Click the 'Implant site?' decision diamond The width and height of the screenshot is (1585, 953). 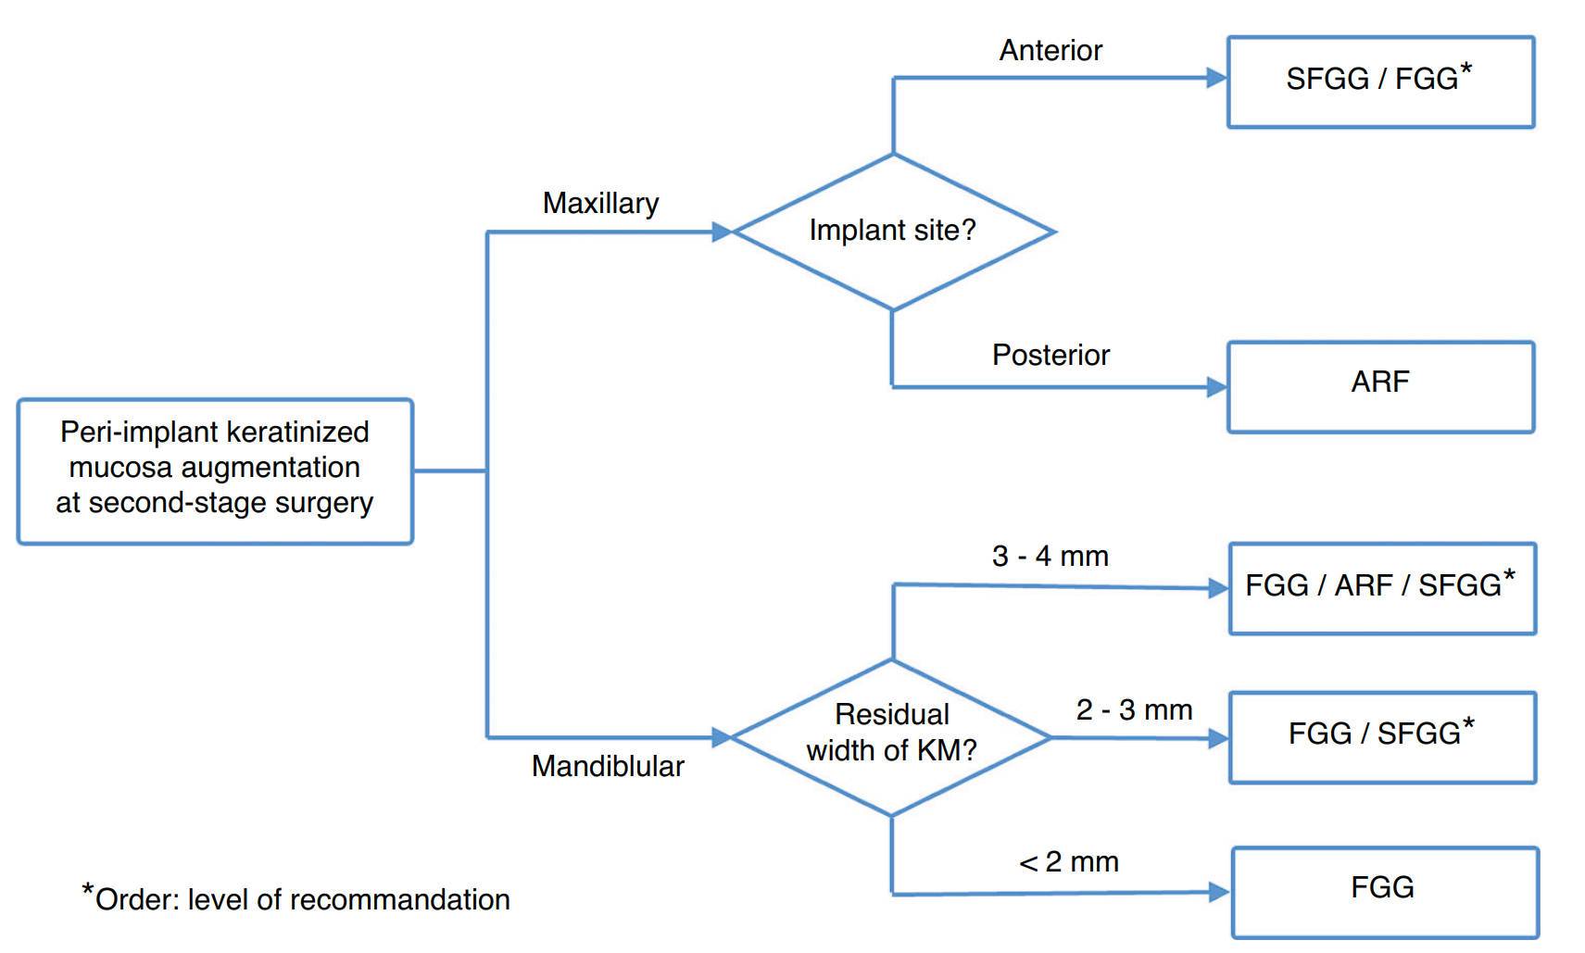(x=894, y=232)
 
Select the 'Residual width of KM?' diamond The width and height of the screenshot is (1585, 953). (x=891, y=737)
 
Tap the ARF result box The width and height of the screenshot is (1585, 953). (x=1380, y=387)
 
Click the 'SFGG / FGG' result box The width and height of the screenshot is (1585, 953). (x=1380, y=82)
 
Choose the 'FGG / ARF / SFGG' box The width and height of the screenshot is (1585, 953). (x=1383, y=588)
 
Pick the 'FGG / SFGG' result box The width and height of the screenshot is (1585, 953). (x=1383, y=737)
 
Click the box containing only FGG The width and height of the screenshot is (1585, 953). (x=1385, y=892)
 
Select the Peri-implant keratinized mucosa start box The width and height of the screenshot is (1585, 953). (x=215, y=471)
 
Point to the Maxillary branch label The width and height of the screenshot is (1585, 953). (x=600, y=204)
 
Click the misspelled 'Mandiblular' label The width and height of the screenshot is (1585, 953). (x=608, y=766)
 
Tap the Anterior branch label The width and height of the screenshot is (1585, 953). (x=1050, y=50)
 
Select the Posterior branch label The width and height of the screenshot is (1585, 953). (x=1050, y=355)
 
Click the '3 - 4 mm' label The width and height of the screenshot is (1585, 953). (x=1050, y=556)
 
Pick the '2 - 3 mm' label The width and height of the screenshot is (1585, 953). (x=1134, y=709)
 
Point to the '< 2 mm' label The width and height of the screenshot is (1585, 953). (x=1068, y=861)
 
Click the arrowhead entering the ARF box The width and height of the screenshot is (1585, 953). (x=1217, y=387)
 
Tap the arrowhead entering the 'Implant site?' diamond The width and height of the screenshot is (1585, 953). (x=722, y=232)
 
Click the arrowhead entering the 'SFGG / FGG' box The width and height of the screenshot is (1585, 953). (x=1217, y=78)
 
